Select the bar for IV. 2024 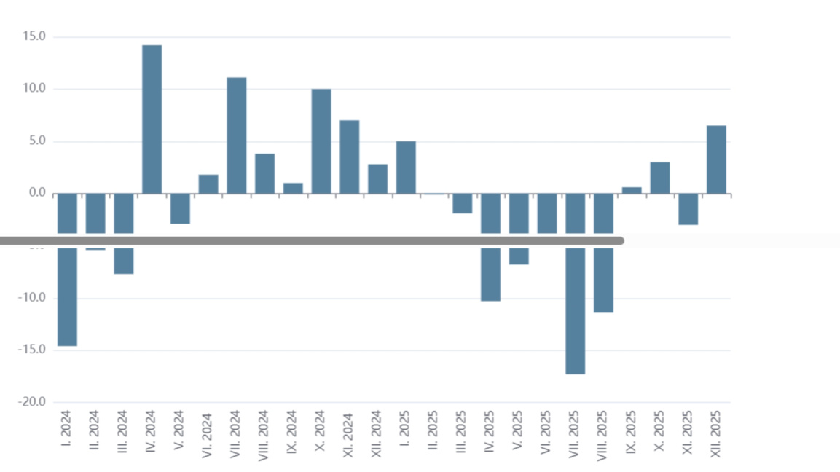pos(152,119)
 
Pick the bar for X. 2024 pos(321,141)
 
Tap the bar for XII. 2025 pos(716,160)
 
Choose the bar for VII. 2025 pos(576,306)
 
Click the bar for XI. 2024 pos(350,157)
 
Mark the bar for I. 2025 pos(406,168)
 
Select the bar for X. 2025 pos(660,178)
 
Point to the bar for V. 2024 pos(180,208)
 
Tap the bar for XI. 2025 pos(688,209)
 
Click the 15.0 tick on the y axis pos(34,36)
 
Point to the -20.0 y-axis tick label pos(32,402)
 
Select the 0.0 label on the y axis pos(38,194)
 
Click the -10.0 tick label pos(32,298)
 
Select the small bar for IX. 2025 pos(632,190)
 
